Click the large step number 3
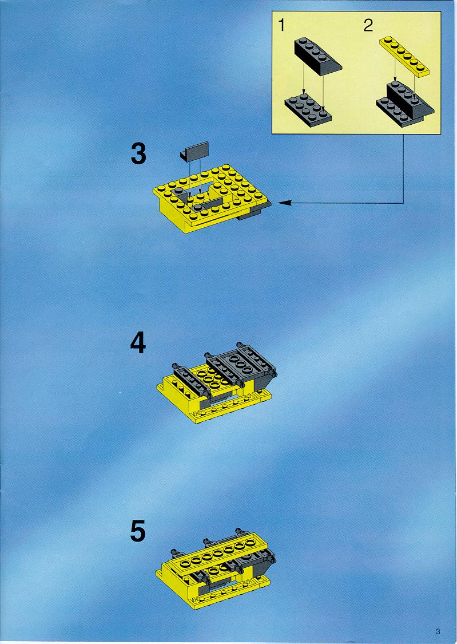click(x=138, y=153)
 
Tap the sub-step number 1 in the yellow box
click(x=281, y=25)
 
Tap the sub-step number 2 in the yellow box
click(x=368, y=25)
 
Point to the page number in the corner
click(x=438, y=631)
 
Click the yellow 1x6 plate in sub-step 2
click(x=404, y=56)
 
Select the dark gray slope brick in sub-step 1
click(x=317, y=56)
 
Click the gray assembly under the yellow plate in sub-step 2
click(x=405, y=102)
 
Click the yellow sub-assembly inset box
click(x=356, y=73)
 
